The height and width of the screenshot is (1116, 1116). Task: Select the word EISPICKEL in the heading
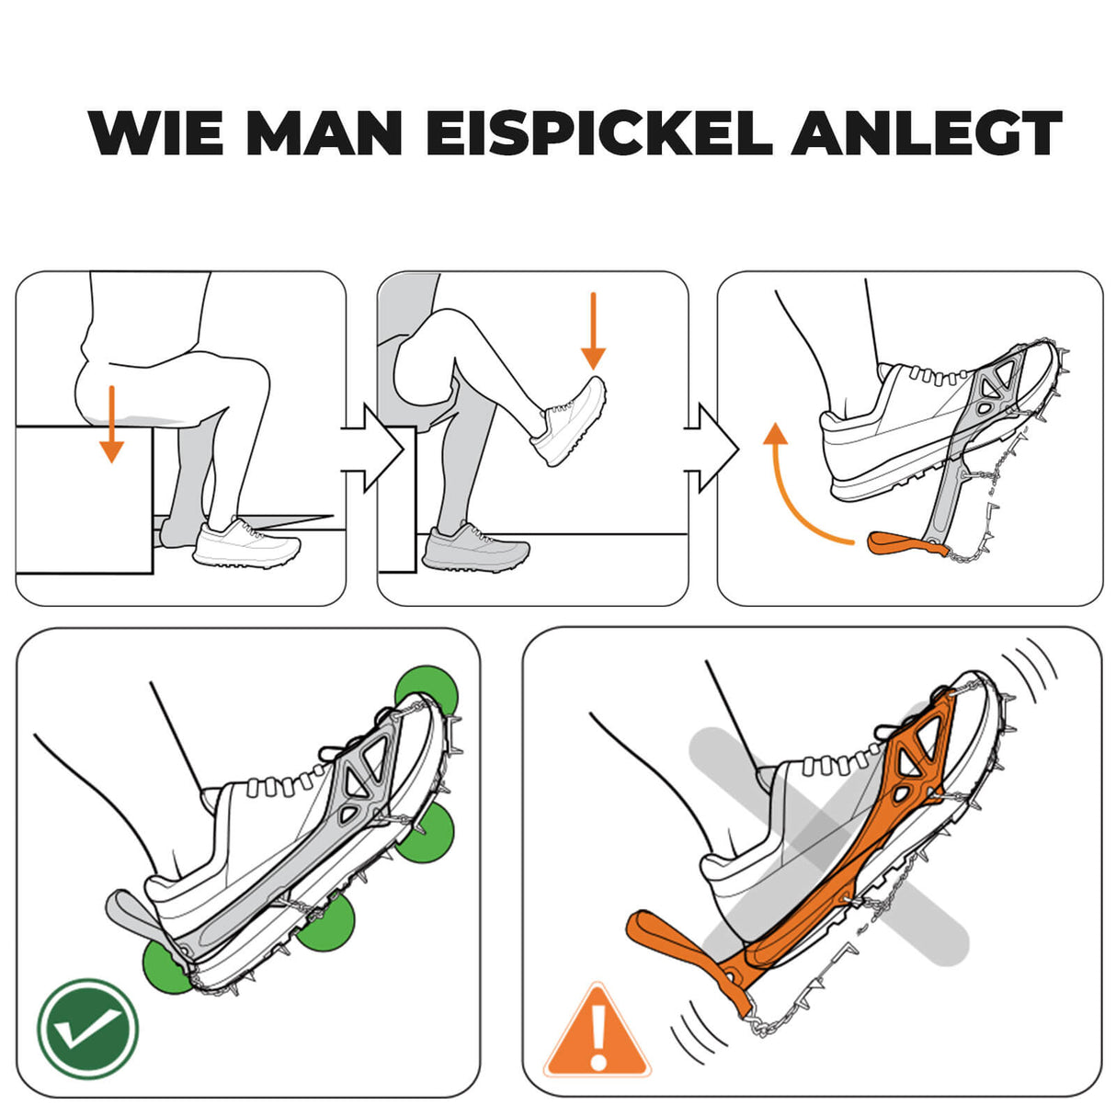click(598, 133)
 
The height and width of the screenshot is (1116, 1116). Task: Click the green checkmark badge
click(87, 1029)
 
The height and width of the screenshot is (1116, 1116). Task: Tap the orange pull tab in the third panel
click(905, 544)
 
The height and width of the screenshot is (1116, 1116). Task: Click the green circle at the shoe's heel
click(168, 965)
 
